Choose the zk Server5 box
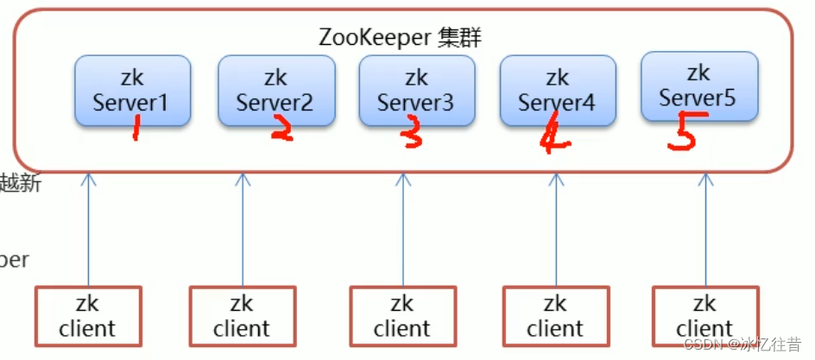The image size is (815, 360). [699, 86]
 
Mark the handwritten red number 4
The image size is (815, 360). [553, 136]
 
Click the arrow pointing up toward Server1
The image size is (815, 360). [87, 229]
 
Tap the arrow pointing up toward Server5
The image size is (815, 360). [706, 229]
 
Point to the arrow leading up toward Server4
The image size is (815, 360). [557, 229]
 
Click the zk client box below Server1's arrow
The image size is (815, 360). [87, 317]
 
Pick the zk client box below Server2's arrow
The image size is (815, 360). [242, 317]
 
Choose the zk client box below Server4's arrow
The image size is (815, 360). [555, 317]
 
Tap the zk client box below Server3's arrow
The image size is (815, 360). [402, 317]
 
